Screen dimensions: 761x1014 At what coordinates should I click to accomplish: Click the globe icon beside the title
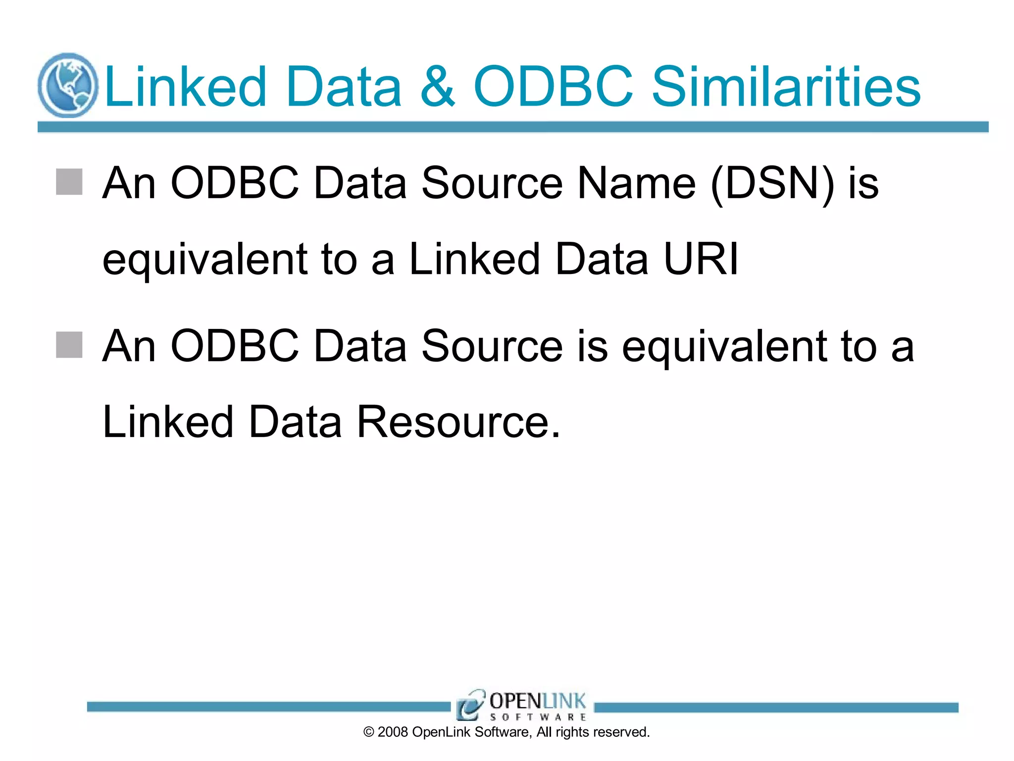(x=68, y=85)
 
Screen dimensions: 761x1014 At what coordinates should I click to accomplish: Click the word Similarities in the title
(x=786, y=87)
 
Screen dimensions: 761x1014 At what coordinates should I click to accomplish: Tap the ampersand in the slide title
(x=437, y=87)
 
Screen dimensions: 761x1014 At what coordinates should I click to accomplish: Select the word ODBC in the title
(x=553, y=87)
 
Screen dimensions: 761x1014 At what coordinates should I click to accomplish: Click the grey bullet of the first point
(x=69, y=182)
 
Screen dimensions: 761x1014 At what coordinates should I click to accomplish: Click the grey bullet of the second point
(x=69, y=345)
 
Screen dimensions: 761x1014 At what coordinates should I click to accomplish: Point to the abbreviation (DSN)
(x=772, y=184)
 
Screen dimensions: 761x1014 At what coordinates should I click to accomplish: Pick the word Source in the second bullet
(x=492, y=346)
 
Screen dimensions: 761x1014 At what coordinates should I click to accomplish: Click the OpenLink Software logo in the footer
(x=521, y=705)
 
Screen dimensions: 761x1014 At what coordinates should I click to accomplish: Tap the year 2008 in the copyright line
(x=393, y=732)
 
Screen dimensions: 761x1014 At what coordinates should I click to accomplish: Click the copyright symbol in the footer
(x=369, y=732)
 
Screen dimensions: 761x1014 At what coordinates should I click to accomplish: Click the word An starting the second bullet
(x=129, y=346)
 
